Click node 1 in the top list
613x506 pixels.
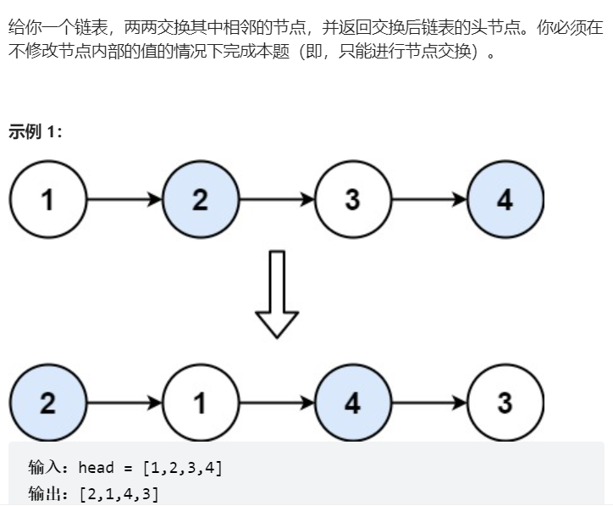click(47, 200)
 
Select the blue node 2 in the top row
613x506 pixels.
click(200, 200)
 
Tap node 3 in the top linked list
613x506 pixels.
click(352, 200)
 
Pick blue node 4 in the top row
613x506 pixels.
click(505, 200)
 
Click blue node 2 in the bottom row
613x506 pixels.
click(47, 403)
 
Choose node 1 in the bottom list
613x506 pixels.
click(200, 403)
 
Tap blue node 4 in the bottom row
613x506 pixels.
click(352, 403)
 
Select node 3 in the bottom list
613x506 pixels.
click(505, 403)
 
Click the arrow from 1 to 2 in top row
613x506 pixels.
click(124, 200)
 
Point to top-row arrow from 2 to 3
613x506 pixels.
click(276, 200)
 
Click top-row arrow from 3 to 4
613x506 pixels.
click(428, 200)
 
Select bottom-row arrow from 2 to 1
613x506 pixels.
click(124, 403)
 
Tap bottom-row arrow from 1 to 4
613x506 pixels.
click(276, 403)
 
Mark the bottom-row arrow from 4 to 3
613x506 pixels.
click(428, 403)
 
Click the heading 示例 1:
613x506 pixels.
click(35, 132)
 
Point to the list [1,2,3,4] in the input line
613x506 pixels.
click(184, 467)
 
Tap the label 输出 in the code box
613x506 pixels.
click(44, 493)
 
